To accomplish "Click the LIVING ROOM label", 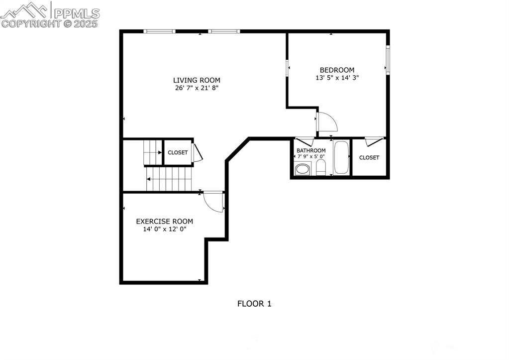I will click(197, 80).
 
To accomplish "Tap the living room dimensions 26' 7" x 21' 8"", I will click(197, 88).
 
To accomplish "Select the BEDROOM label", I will click(337, 70).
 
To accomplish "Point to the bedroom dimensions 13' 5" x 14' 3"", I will click(337, 78).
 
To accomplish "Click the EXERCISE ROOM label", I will click(165, 222).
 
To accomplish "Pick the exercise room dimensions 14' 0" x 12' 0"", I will click(165, 229).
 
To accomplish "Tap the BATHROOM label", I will click(311, 150).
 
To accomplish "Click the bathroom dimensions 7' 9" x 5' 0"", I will click(310, 156).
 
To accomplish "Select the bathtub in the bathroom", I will click(341, 158).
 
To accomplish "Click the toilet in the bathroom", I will click(321, 167).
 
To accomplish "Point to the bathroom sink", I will click(302, 169).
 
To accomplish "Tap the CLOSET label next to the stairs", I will click(178, 153).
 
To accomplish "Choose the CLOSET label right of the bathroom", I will click(369, 158).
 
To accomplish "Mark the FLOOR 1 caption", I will click(254, 303).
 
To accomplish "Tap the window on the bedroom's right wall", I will click(388, 60).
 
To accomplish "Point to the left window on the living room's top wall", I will click(159, 31).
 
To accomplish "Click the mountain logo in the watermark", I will click(26, 10).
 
